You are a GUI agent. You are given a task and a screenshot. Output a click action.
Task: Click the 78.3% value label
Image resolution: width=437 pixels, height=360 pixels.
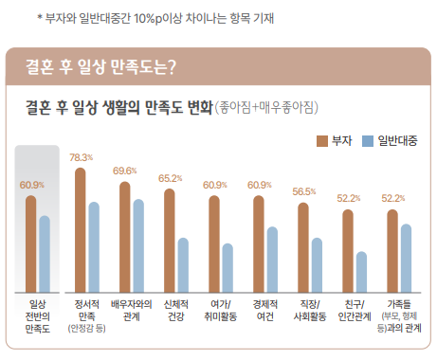(x=81, y=157)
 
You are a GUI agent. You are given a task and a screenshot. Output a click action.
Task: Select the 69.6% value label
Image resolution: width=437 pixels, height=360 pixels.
(x=125, y=171)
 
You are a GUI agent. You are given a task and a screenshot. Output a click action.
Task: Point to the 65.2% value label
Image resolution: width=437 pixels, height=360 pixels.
(x=170, y=178)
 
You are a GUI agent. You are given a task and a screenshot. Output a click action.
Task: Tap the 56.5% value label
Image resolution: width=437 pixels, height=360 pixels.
(x=304, y=191)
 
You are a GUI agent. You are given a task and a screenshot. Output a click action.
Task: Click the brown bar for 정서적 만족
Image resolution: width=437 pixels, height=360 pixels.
(x=81, y=227)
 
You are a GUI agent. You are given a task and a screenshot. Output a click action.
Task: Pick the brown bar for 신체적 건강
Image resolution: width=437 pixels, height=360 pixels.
(x=170, y=238)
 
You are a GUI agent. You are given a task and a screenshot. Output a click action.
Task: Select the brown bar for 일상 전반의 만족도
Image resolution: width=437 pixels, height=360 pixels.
(x=30, y=241)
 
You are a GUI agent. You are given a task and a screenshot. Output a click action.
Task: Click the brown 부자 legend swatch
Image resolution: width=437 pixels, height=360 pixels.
(x=320, y=140)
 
